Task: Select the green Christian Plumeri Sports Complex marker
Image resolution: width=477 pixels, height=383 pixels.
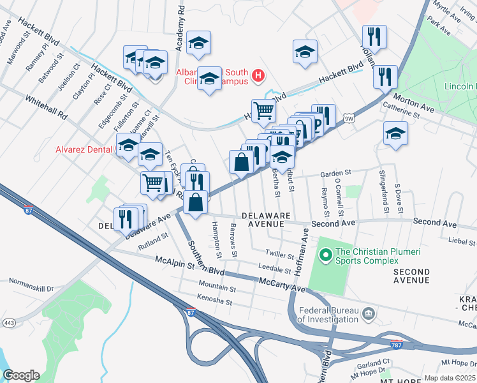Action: pos(325,256)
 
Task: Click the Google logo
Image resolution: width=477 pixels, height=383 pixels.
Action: pos(21,375)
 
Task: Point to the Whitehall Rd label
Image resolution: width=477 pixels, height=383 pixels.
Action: pos(46,108)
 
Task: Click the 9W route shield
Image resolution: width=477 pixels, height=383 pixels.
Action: pos(348,118)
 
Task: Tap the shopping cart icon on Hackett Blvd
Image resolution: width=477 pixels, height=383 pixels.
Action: pos(263,110)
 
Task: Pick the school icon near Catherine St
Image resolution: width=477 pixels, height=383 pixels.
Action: pos(395,133)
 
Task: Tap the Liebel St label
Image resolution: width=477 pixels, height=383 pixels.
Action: pos(463,240)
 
